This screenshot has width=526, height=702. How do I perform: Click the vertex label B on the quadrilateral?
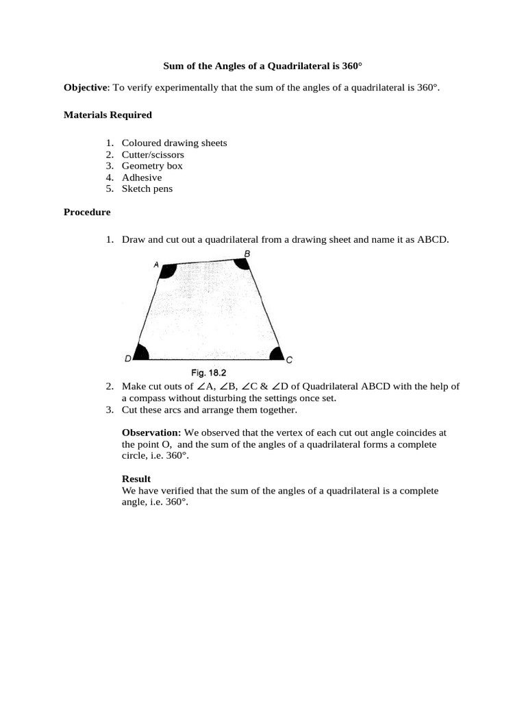(x=247, y=254)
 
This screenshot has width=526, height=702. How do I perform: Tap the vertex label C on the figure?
(x=289, y=360)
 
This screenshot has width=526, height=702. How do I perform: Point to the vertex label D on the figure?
(x=128, y=359)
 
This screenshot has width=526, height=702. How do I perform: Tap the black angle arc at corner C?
(x=276, y=354)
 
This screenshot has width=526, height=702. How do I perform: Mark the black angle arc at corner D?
(x=141, y=354)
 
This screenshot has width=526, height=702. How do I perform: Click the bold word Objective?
(x=86, y=88)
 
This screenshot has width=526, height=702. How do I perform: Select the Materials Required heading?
(x=108, y=115)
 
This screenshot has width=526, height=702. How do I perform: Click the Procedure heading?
(x=87, y=213)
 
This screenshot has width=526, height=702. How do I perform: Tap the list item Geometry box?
(x=152, y=166)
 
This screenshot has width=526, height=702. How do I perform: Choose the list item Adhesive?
(x=142, y=178)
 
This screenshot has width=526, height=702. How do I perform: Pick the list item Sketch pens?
(x=147, y=189)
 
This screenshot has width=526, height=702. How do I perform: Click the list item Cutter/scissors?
(x=153, y=154)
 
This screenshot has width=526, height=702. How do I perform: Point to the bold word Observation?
(x=151, y=433)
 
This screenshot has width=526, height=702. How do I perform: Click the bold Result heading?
(x=136, y=479)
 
